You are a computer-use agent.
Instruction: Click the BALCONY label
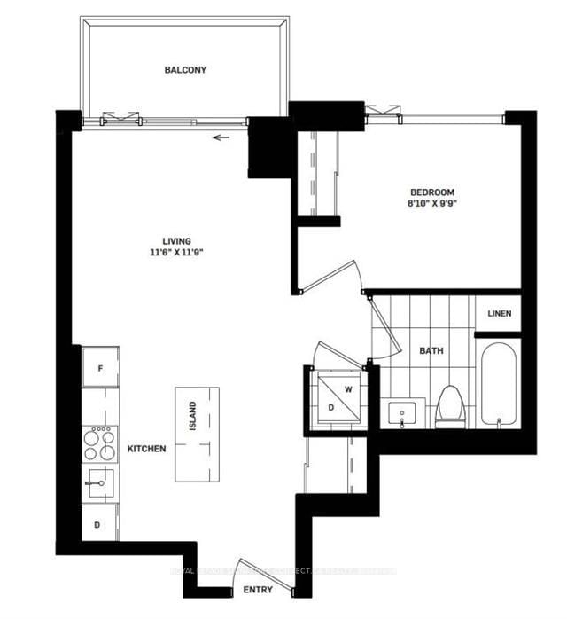(185, 70)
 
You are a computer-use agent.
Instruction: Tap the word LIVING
(176, 240)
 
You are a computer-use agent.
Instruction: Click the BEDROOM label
(431, 192)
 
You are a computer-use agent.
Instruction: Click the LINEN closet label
(497, 314)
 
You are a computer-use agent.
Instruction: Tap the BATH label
(431, 351)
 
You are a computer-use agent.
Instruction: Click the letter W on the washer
(347, 388)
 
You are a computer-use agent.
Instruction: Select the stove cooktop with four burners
(99, 443)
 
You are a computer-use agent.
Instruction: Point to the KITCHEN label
(146, 450)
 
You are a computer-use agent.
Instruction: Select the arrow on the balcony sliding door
(220, 137)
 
